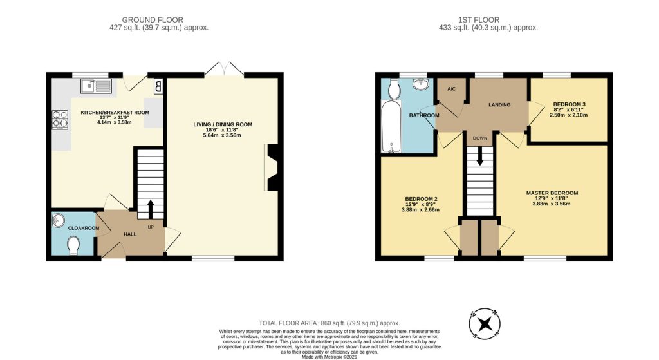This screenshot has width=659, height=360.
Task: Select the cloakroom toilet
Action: (x=73, y=245)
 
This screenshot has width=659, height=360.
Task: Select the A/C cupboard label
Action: (x=451, y=88)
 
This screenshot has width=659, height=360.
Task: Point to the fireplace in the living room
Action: (x=272, y=167)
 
